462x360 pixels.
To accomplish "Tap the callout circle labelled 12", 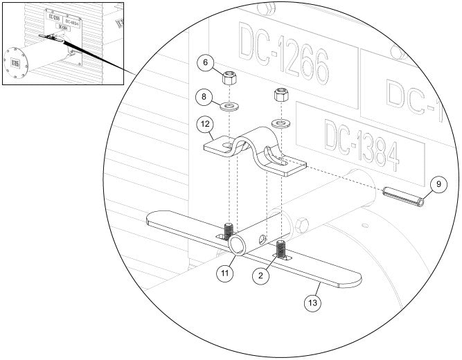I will click(204, 125).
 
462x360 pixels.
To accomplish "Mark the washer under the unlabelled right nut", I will click(281, 124).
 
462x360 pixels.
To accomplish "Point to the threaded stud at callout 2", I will click(281, 248).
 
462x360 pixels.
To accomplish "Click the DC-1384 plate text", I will click(360, 145).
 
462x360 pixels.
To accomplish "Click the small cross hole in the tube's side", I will click(261, 240).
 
